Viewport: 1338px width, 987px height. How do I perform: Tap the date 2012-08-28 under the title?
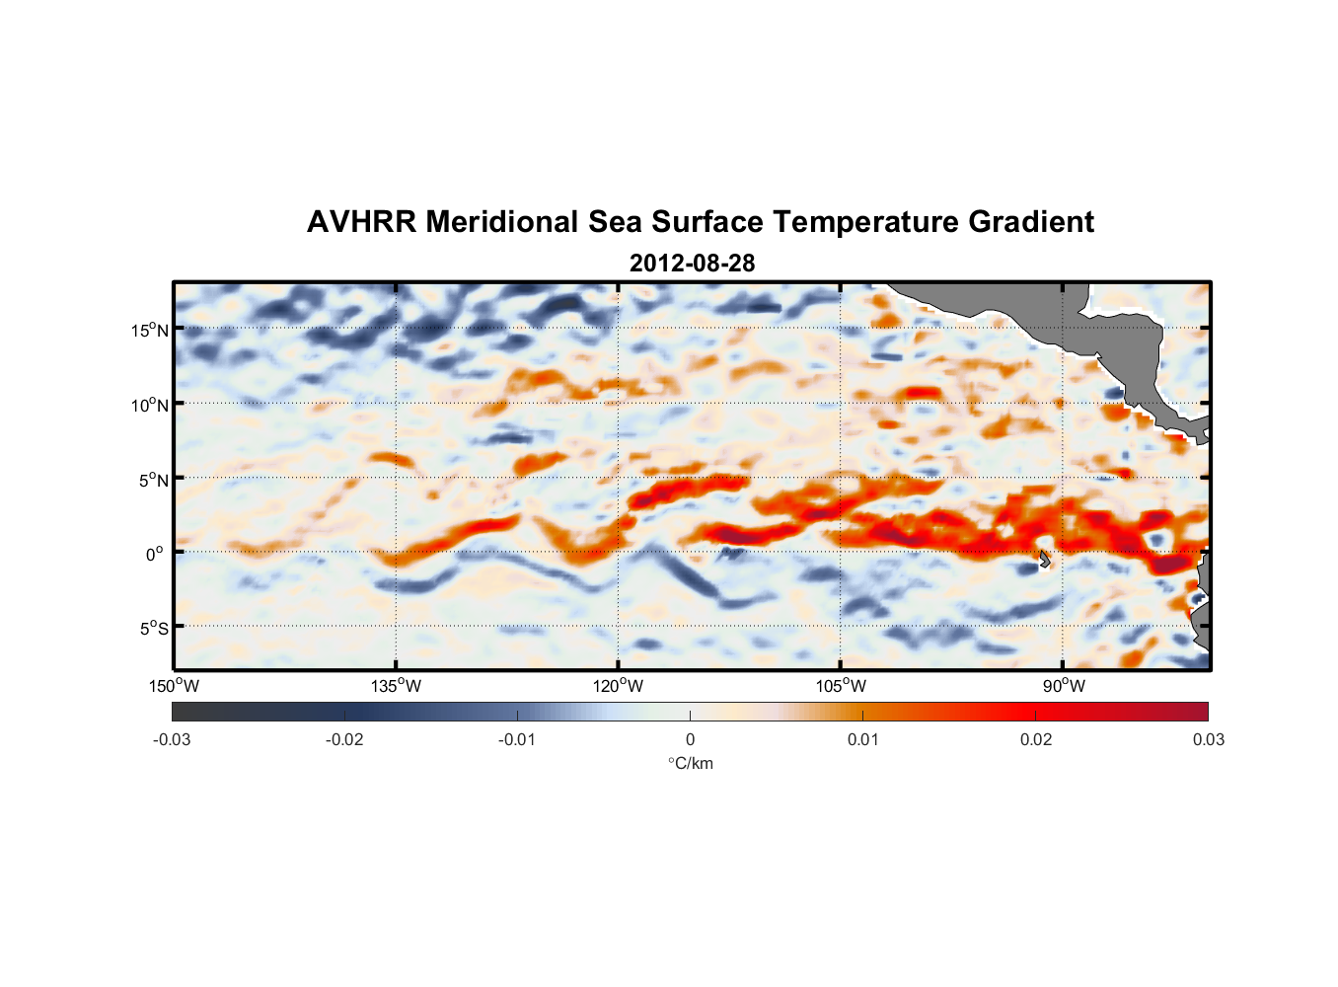(x=692, y=264)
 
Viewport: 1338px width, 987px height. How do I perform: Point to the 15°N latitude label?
(x=150, y=330)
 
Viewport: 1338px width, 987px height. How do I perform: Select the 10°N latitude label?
(x=150, y=405)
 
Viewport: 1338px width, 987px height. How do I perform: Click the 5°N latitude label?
(x=153, y=480)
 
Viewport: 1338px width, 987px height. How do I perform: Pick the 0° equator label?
(x=155, y=554)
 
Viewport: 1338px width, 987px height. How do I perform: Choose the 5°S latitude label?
(x=153, y=629)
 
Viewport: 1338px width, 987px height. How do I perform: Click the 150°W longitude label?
(x=174, y=686)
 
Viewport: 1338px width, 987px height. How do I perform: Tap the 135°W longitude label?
(x=396, y=686)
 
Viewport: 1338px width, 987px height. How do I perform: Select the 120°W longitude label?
(x=618, y=686)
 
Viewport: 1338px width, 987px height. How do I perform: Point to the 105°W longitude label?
(x=841, y=686)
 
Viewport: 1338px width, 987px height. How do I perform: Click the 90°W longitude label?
(x=1064, y=686)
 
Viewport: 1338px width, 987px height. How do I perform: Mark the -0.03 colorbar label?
(x=172, y=739)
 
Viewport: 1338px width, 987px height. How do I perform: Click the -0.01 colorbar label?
(x=517, y=739)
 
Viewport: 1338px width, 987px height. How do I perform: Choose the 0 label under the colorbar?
(x=690, y=739)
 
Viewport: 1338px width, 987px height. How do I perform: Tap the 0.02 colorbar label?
(x=1036, y=739)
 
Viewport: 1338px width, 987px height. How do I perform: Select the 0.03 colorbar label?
(x=1208, y=739)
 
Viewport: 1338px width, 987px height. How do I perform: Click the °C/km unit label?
(x=690, y=763)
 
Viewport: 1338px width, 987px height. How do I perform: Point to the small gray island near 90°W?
(x=1044, y=560)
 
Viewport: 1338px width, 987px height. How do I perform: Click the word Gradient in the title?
(x=1031, y=222)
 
